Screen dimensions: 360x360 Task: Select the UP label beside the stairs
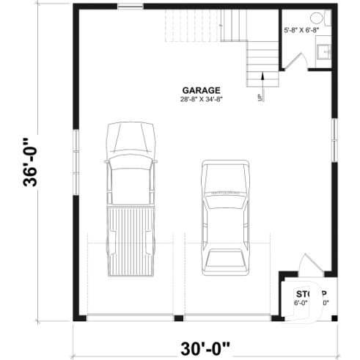pos(260,97)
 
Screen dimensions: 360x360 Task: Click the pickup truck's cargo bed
pos(132,238)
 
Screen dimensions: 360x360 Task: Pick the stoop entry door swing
pos(306,265)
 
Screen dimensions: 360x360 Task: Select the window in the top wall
pos(130,9)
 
